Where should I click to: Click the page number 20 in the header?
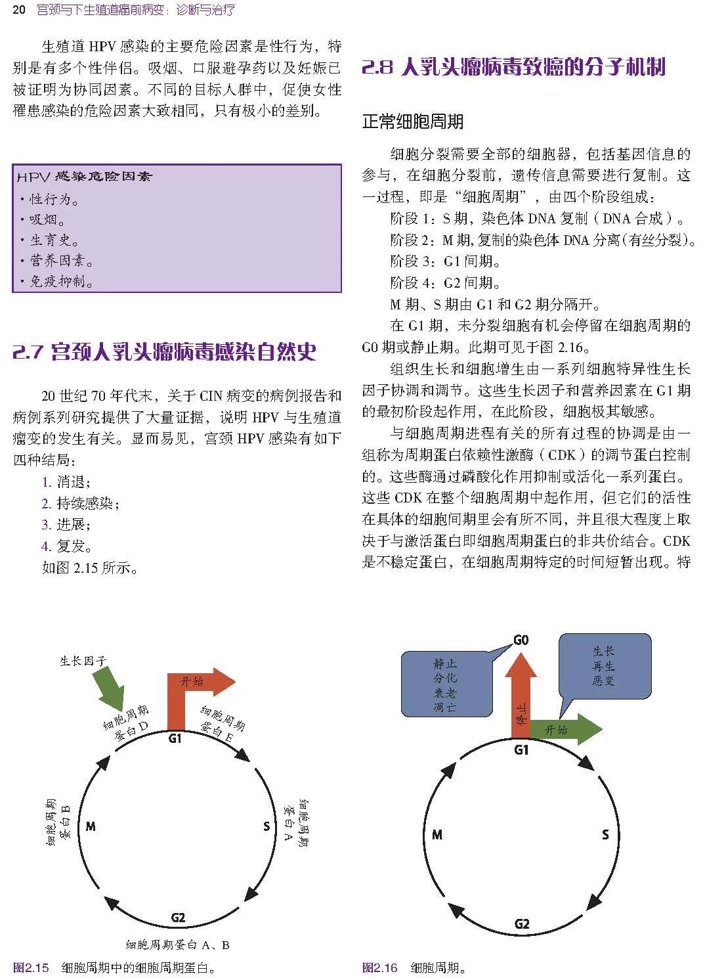18,9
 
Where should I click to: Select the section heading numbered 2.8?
513,68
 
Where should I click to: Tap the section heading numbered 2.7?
164,352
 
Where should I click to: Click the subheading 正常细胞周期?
413,121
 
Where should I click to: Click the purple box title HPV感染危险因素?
84,177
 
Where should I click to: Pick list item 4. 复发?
67,546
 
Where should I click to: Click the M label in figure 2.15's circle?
91,826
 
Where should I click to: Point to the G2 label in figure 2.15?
178,918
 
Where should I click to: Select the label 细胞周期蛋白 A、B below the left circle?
177,945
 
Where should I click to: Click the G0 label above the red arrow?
521,639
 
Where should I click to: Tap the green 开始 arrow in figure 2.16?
565,730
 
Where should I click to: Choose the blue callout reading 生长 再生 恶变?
604,665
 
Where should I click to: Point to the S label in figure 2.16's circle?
605,835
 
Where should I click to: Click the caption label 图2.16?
380,967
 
